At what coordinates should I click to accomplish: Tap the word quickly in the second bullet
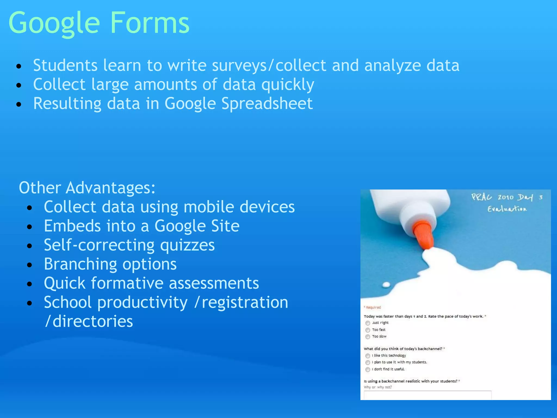pos(288,85)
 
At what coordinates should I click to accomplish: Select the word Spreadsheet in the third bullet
pos(267,104)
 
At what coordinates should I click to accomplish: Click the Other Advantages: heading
pos(87,188)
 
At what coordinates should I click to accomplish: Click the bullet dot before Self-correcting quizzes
pos(30,246)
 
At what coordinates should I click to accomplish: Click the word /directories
pos(89,321)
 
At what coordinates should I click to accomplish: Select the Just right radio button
pos(368,323)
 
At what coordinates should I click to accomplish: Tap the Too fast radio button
pos(368,330)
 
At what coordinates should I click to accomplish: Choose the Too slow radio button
pos(368,337)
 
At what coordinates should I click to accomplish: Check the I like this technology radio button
pos(368,356)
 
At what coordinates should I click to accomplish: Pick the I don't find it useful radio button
pos(368,370)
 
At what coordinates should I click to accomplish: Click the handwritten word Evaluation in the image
pos(507,209)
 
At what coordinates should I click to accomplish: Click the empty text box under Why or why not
pos(427,395)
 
